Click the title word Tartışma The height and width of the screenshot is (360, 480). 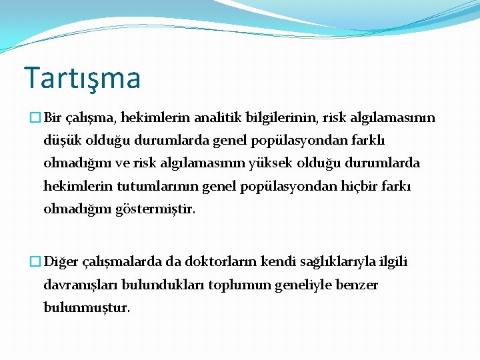tap(82, 79)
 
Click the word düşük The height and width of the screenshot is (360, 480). tap(60, 141)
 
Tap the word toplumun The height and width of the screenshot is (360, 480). tap(236, 285)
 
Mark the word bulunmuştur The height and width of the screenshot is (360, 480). tap(87, 308)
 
